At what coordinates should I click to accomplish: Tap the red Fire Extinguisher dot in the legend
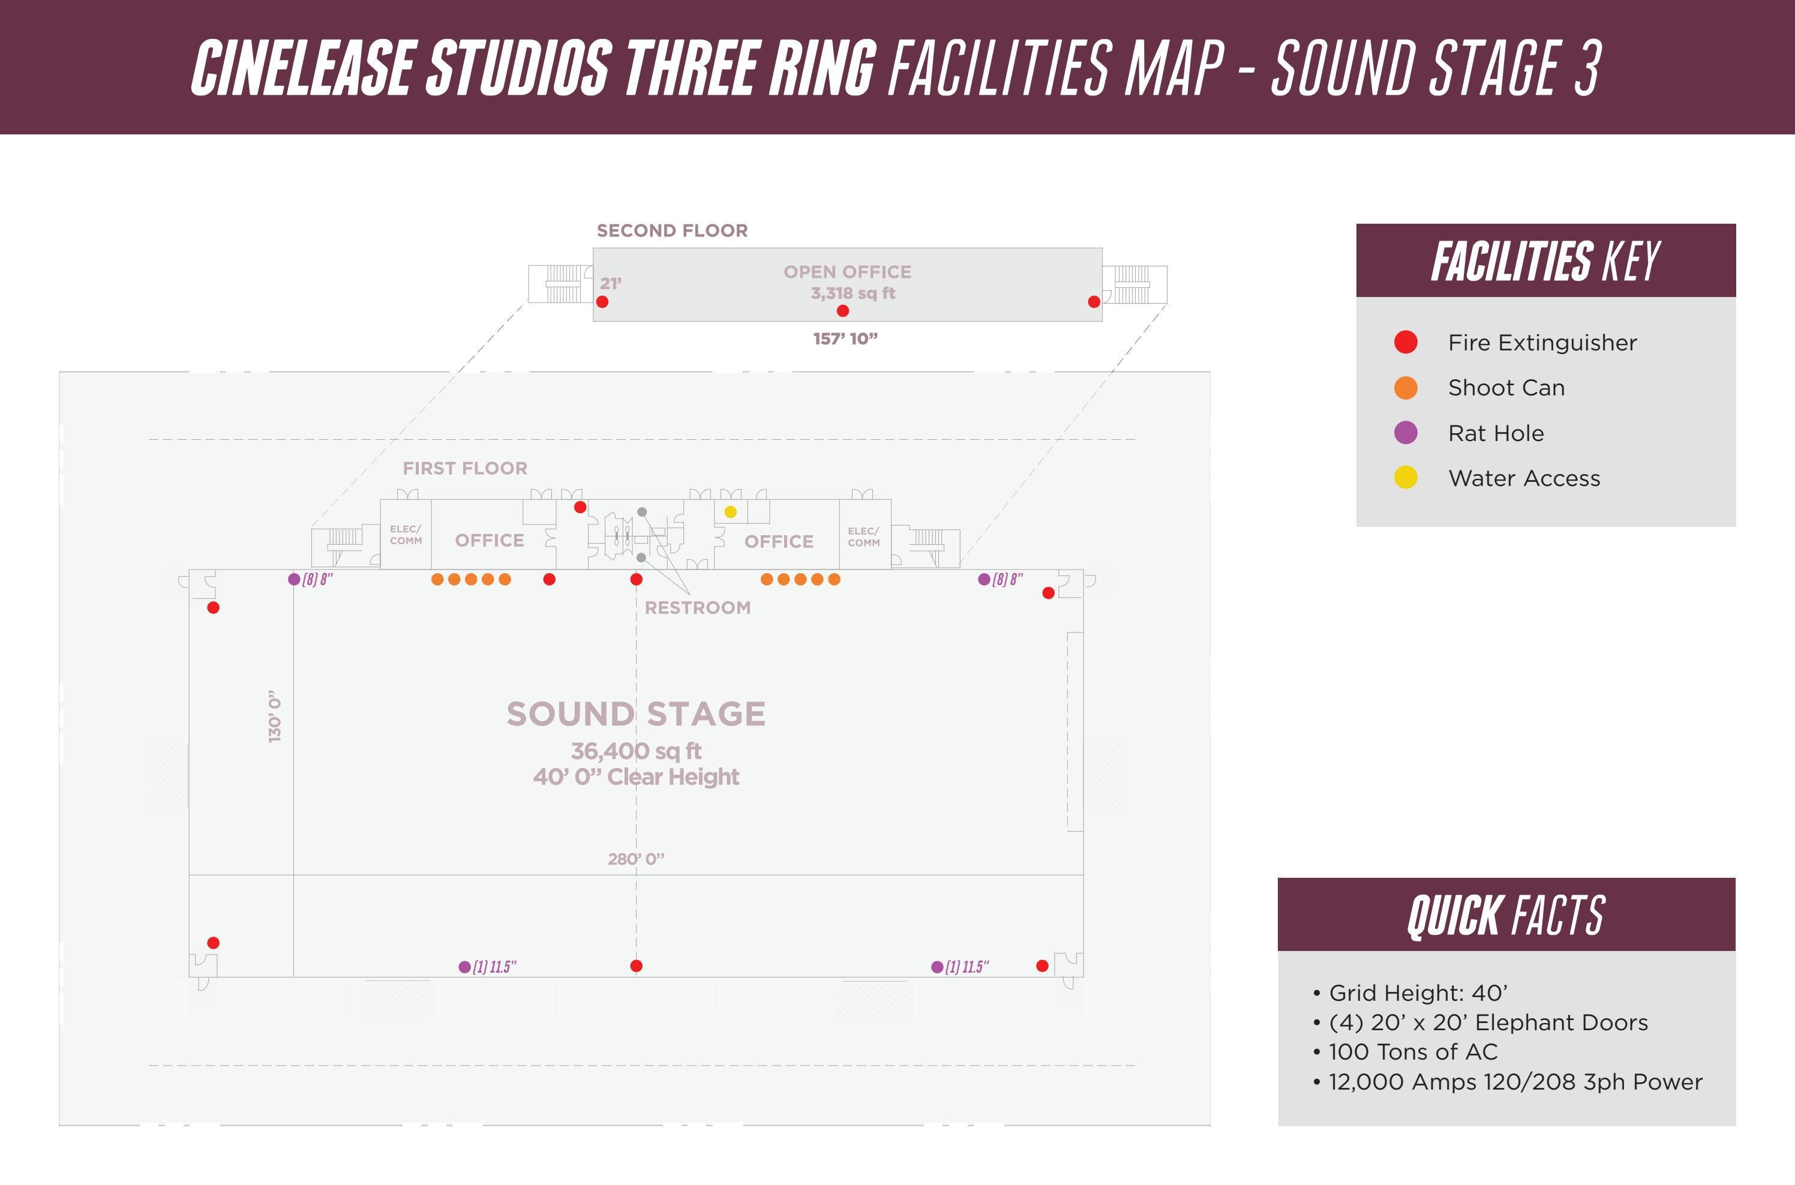(1405, 343)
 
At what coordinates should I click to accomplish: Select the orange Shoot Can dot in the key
(1405, 388)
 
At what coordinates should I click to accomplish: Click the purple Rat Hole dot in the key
(1405, 433)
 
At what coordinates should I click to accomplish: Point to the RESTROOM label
(697, 608)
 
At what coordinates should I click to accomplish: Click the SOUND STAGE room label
(636, 714)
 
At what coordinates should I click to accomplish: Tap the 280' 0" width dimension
(636, 859)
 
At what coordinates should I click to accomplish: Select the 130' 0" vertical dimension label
(275, 716)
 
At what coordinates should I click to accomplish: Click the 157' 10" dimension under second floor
(845, 338)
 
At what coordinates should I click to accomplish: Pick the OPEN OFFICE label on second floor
(847, 272)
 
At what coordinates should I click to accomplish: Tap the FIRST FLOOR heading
(464, 469)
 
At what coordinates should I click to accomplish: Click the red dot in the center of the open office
(843, 311)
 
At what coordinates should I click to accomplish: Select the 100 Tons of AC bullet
(1413, 1052)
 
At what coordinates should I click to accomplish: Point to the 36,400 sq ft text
(636, 751)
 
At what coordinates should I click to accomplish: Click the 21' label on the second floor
(610, 283)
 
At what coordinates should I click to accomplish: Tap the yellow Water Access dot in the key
(1405, 478)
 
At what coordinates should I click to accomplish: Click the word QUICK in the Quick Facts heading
(1455, 916)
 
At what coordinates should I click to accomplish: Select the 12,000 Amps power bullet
(1515, 1082)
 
